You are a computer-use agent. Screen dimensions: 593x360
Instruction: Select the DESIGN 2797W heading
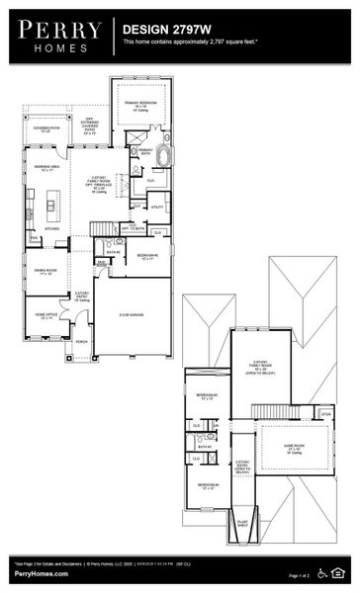point(163,31)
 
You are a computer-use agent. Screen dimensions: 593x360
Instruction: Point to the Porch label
point(82,342)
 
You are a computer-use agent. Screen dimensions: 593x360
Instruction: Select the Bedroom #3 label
point(205,397)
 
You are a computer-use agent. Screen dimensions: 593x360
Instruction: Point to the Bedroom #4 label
point(207,485)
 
